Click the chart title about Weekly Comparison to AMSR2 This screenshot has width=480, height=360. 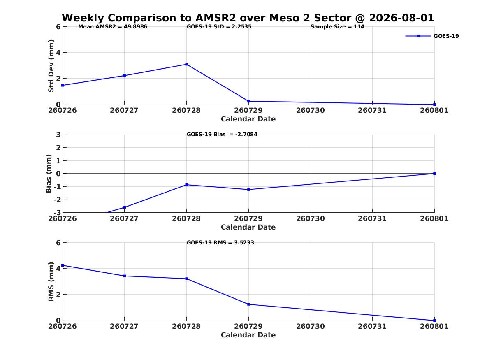click(248, 18)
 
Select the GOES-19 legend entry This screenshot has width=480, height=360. click(432, 36)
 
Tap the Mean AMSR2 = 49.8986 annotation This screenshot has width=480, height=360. click(113, 27)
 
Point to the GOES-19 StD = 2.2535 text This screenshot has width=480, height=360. click(219, 27)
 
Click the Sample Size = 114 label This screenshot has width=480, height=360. click(337, 27)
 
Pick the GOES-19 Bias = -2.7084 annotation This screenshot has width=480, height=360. click(222, 135)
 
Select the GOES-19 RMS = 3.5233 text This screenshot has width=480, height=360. click(220, 242)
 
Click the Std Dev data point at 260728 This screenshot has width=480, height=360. click(186, 64)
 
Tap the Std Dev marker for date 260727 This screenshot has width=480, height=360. click(124, 76)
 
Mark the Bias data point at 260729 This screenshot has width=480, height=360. click(248, 190)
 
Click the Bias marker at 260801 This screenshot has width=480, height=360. click(434, 174)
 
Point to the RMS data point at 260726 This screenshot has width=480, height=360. click(63, 265)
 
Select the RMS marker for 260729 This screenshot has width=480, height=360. click(248, 304)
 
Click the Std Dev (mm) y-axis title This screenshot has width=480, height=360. click(51, 66)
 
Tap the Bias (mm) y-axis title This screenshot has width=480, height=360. click(49, 174)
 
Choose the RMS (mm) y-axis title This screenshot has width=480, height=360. click(51, 282)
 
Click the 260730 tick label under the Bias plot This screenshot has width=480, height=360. click(311, 218)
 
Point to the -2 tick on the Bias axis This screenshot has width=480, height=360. click(57, 200)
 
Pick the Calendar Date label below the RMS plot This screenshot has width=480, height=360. click(248, 335)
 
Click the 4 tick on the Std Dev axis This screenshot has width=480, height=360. click(58, 53)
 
